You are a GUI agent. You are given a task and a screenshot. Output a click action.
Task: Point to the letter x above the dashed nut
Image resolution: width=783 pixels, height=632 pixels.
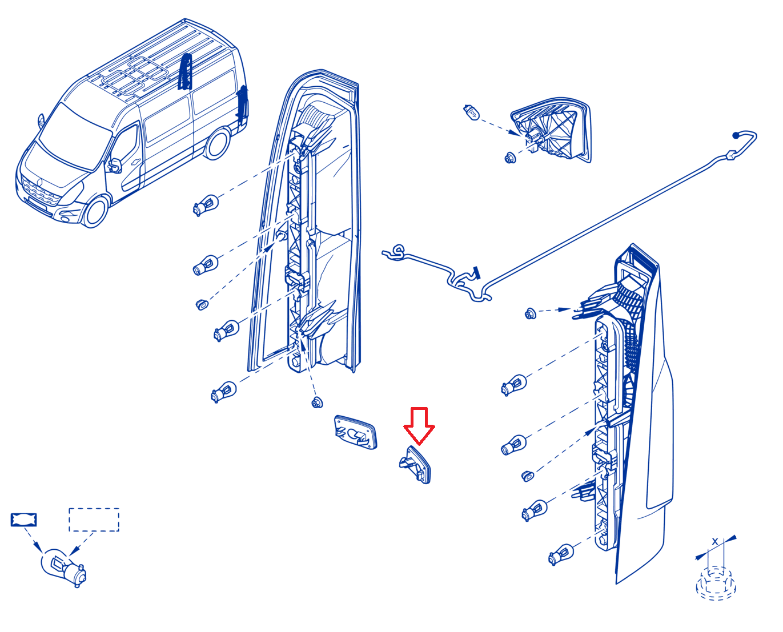click(x=715, y=541)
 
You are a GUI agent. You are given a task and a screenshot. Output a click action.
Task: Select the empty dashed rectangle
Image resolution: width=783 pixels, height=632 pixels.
click(x=94, y=520)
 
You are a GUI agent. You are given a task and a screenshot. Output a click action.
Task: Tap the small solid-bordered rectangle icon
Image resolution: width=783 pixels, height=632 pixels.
click(x=24, y=520)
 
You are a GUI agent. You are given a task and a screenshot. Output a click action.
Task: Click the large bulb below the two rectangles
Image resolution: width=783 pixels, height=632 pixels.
click(x=64, y=567)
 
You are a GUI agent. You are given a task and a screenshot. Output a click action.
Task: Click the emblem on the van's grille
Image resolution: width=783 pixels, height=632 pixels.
click(x=41, y=183)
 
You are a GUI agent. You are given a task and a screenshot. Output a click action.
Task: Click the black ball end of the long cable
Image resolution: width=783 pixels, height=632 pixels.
click(x=736, y=135)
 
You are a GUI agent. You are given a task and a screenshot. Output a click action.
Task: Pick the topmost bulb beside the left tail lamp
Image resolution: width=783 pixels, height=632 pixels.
click(x=206, y=204)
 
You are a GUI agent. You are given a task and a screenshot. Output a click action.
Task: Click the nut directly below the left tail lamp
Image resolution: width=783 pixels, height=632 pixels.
click(x=317, y=402)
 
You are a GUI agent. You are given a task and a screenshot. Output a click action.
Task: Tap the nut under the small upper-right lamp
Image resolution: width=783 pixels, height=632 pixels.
click(x=510, y=158)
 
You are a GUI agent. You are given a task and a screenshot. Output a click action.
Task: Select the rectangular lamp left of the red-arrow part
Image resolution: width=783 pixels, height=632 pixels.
click(x=356, y=432)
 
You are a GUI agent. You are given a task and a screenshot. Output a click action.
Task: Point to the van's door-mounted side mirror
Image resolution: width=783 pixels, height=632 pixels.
click(x=115, y=165)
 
